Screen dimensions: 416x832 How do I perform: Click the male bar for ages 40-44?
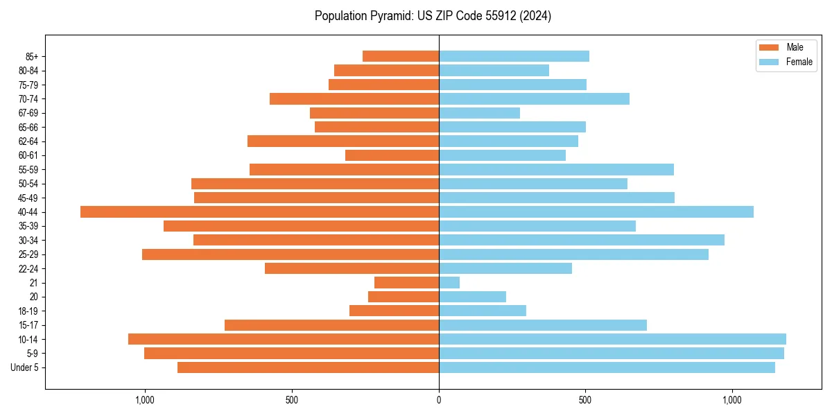point(260,211)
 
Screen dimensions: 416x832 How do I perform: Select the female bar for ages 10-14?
point(612,339)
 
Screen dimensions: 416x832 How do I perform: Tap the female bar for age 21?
point(449,282)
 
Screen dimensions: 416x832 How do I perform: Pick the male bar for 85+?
point(401,56)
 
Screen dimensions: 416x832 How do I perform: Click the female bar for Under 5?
point(607,367)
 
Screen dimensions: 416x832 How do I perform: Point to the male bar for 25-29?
point(291,254)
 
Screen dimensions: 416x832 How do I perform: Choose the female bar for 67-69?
point(479,113)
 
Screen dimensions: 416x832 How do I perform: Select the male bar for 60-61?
point(392,155)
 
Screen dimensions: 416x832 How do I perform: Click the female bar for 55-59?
point(556,169)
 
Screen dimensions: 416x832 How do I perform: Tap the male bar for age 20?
point(404,297)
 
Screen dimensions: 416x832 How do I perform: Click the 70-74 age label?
point(28,98)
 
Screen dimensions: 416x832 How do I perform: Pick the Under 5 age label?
point(25,367)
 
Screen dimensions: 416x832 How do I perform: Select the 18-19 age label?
point(28,311)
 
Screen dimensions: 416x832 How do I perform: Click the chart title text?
point(433,16)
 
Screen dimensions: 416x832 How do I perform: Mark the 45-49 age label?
point(28,198)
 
